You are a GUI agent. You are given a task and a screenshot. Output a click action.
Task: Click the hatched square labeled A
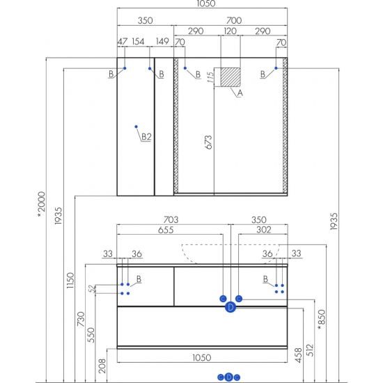point(230,77)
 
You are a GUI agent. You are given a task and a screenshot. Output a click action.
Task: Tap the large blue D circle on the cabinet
point(230,307)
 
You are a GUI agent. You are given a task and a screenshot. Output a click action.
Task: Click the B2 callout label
point(146,136)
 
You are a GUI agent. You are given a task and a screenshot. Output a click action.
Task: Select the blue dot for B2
point(136,127)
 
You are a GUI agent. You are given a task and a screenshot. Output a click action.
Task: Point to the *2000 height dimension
point(41,205)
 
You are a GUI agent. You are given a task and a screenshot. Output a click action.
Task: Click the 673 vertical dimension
point(208,142)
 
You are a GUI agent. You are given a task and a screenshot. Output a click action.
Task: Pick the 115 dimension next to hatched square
point(210,77)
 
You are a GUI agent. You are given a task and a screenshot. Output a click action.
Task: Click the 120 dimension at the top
point(230,31)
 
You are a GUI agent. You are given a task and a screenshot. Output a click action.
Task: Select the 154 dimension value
point(138,42)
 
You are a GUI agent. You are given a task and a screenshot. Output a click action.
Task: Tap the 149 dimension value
point(162,41)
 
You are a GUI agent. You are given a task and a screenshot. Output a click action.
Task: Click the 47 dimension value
point(123,42)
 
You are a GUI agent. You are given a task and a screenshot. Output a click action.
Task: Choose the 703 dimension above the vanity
point(171,219)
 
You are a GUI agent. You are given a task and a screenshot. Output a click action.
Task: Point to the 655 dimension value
point(166,230)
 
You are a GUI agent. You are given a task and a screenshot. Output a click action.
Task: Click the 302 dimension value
point(264,230)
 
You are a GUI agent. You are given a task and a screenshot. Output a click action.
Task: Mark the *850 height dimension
point(322,320)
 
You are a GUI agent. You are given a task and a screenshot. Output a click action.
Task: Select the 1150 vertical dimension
point(70,280)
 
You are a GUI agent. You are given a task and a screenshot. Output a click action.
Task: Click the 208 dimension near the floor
point(102,366)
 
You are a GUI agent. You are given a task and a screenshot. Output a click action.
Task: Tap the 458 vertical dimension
point(299,355)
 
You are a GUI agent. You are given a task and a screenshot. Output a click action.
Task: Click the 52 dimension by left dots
point(92,289)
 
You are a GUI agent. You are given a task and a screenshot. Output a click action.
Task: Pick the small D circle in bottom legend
point(228,377)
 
